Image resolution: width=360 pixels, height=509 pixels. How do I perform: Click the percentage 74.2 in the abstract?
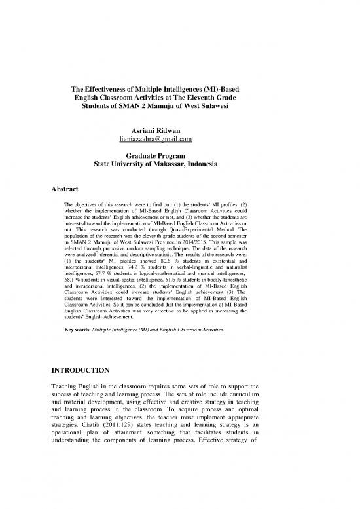tap(135, 278)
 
